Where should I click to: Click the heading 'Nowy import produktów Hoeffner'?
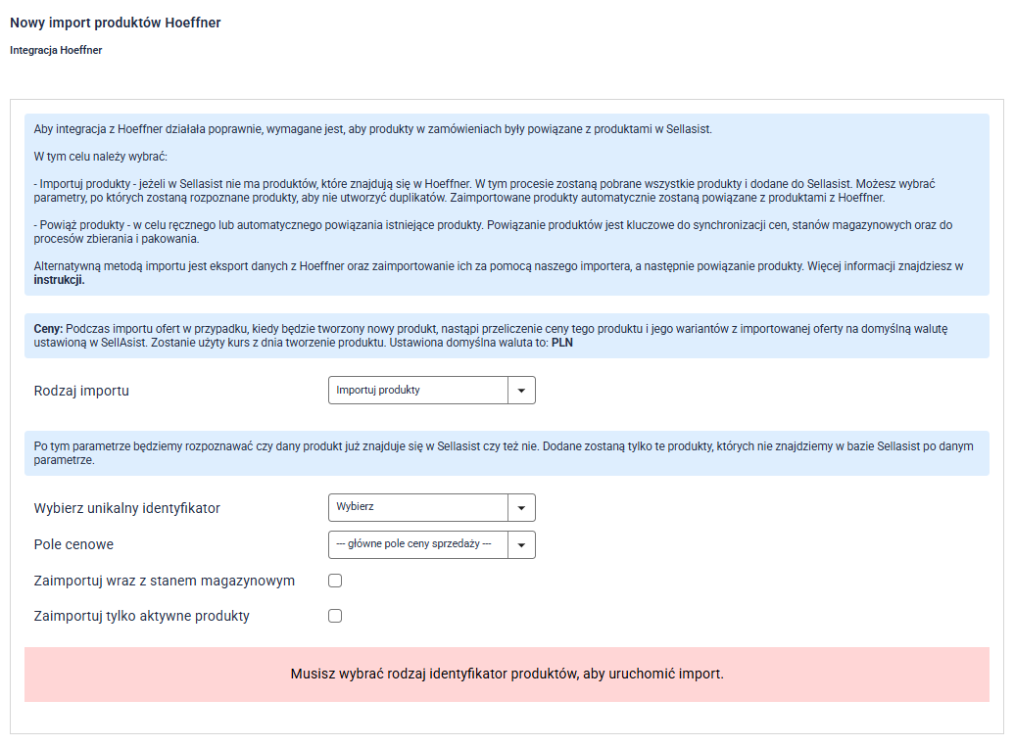tap(115, 23)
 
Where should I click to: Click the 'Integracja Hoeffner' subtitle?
tap(56, 50)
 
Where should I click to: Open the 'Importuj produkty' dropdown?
tap(417, 391)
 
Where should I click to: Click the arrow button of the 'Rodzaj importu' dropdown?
tap(521, 391)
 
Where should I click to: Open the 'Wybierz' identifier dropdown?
tap(417, 508)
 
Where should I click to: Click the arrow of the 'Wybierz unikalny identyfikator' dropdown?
tap(521, 508)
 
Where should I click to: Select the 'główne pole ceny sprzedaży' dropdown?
tap(417, 544)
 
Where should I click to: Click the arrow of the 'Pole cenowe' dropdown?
tap(521, 544)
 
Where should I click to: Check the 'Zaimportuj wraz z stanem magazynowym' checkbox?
tap(335, 581)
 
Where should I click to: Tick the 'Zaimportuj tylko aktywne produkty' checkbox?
tap(335, 616)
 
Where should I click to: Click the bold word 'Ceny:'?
tap(49, 327)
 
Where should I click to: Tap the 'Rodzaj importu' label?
tap(81, 391)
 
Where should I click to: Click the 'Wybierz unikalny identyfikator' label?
tap(126, 508)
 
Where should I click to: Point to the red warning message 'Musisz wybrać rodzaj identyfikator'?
tap(507, 675)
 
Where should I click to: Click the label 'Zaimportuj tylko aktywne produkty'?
tap(141, 616)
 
